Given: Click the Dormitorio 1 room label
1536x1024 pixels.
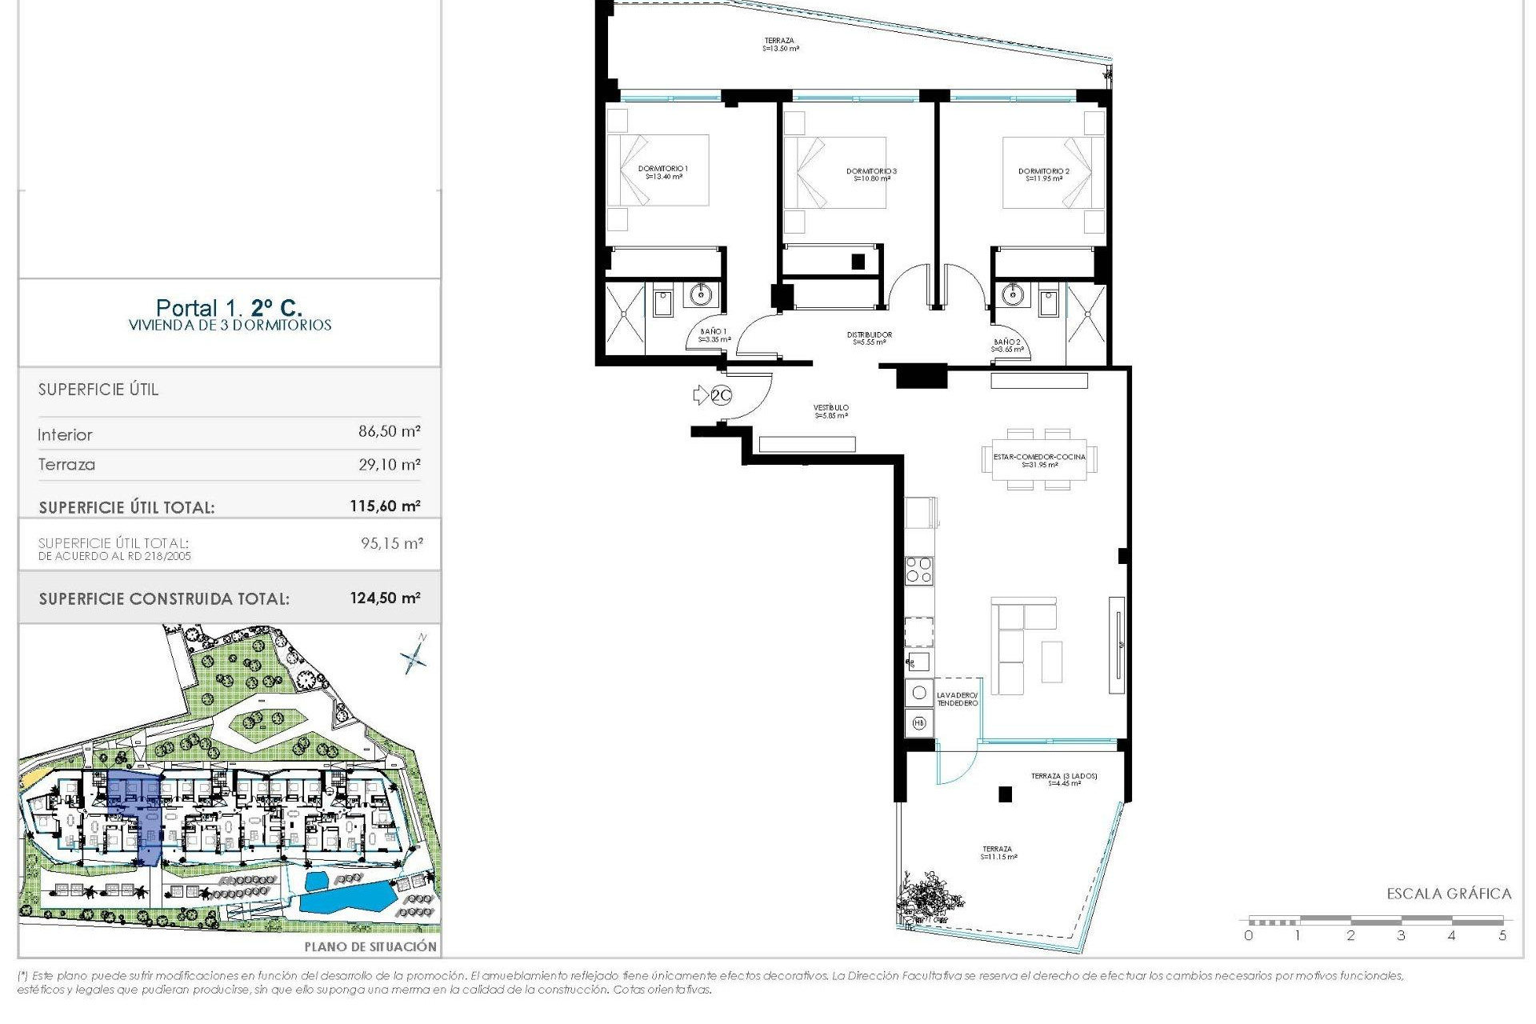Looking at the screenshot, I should coord(663,173).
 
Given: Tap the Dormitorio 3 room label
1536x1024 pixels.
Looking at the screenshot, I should coord(871,174).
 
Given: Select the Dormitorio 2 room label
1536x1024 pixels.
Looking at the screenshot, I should coord(1043,174).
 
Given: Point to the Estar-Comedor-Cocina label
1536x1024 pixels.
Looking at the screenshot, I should coord(1039,460).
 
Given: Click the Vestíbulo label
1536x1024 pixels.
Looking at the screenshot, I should coord(831,411).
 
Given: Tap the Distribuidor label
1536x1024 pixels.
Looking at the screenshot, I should coord(869,338).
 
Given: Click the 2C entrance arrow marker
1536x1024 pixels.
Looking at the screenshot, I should coord(711,394).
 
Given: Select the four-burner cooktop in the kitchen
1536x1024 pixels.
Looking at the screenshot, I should coord(918,570).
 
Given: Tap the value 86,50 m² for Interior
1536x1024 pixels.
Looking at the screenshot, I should coord(389,431).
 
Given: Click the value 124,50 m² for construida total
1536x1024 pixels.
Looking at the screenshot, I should coord(385,598).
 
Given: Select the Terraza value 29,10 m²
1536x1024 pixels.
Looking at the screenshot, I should coord(389,464).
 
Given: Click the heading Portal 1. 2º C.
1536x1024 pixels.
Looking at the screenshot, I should coord(229,307).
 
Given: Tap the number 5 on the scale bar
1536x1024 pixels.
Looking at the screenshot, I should coord(1502,935).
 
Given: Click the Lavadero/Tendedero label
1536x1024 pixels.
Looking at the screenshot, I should coord(957,698).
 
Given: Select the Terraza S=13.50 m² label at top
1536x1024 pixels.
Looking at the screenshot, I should coord(780,44).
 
